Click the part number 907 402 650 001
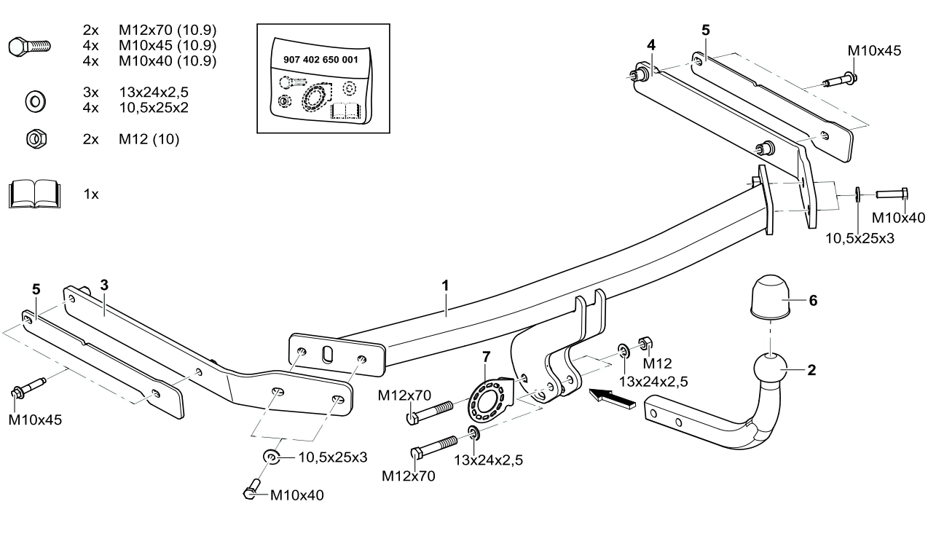tap(320, 60)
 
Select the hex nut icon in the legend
tap(33, 138)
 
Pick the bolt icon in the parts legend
tap(29, 47)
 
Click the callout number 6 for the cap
tap(814, 301)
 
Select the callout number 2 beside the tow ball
tap(811, 369)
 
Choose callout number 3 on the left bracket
tap(104, 285)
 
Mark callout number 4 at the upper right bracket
tap(650, 44)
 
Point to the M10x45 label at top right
tap(874, 51)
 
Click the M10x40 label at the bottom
tap(296, 495)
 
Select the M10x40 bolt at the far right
tap(890, 194)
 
